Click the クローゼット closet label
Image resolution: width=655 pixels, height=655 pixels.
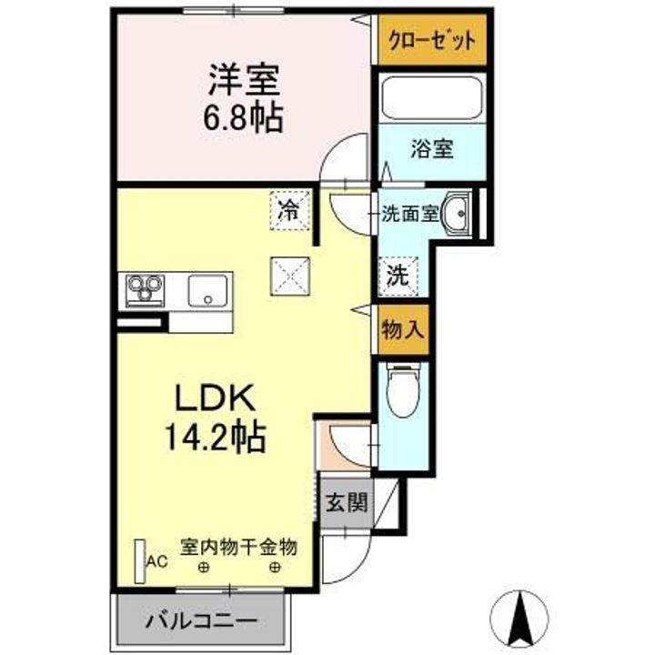click(431, 40)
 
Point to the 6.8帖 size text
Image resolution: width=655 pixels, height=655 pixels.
click(241, 116)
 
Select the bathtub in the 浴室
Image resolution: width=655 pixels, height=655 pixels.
click(432, 98)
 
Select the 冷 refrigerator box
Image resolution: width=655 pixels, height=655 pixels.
click(288, 212)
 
